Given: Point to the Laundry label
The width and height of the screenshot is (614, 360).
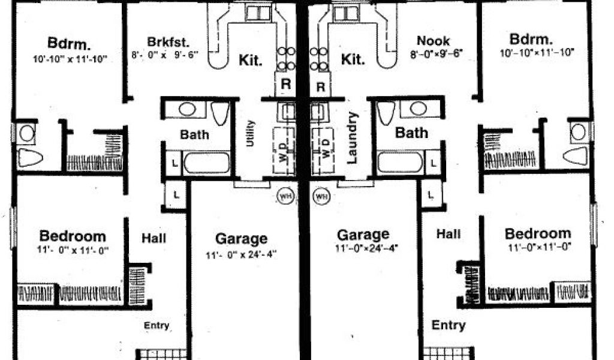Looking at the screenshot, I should [x=352, y=137].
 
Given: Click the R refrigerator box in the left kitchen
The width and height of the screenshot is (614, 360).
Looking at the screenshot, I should [x=286, y=85].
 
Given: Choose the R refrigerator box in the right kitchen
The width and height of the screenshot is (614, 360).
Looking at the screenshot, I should [x=321, y=85].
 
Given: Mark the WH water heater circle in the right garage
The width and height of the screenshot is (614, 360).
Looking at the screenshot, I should [x=322, y=196].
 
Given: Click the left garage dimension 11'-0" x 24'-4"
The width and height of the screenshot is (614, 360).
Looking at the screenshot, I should [x=241, y=254].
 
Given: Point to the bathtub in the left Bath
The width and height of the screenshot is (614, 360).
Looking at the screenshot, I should [x=207, y=163].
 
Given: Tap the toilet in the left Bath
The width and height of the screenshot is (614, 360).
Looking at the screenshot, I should [x=220, y=112].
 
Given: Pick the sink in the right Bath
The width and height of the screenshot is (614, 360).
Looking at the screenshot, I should [x=419, y=109].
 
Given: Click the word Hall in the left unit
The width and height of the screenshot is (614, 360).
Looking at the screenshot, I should [x=154, y=238].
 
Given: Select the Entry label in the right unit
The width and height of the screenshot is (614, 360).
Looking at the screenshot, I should [x=449, y=325].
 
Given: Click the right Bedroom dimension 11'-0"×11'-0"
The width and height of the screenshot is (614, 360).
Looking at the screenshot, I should [x=537, y=247].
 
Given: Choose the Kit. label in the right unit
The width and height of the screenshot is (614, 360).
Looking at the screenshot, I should [x=353, y=59].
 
